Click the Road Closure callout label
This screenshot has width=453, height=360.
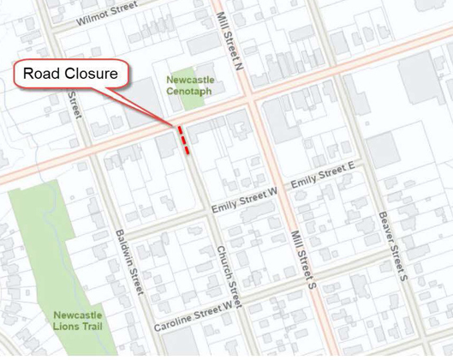click(70, 74)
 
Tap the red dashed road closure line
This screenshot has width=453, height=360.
click(184, 139)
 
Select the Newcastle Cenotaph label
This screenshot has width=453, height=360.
click(191, 86)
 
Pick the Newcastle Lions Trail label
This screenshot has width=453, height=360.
click(78, 320)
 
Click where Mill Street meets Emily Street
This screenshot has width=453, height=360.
click(282, 189)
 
